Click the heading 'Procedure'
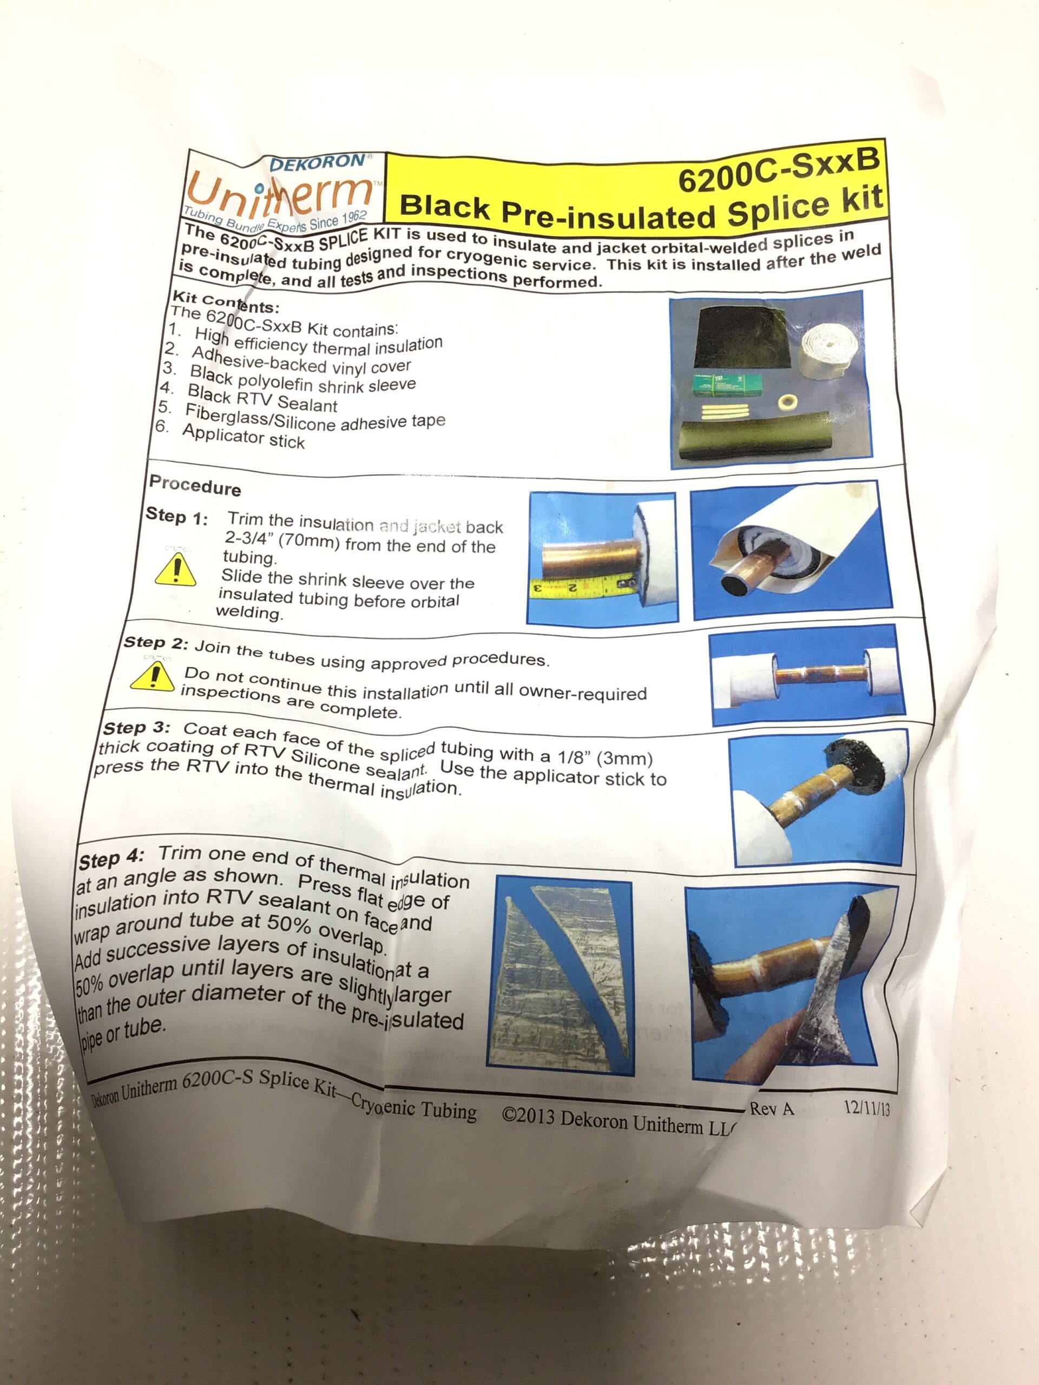click(x=195, y=485)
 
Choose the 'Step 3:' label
click(x=136, y=728)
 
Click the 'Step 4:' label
click(x=111, y=859)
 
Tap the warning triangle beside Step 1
click(x=175, y=570)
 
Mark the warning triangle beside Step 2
click(x=152, y=676)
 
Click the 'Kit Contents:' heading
click(x=226, y=302)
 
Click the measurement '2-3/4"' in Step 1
click(x=246, y=538)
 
